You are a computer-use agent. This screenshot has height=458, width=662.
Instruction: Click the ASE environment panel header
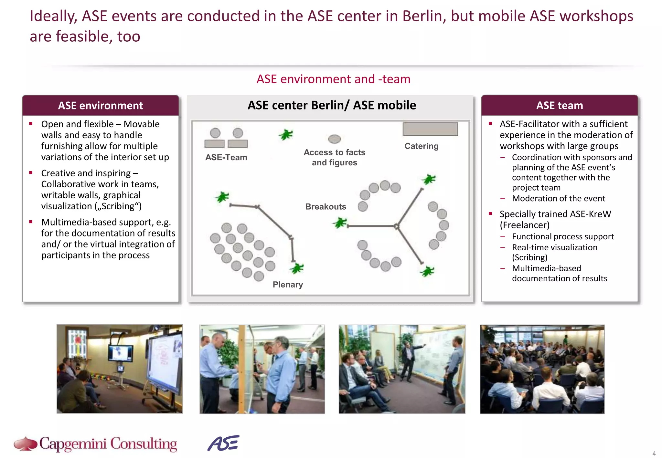[x=100, y=106]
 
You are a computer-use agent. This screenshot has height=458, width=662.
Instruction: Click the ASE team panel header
[x=559, y=106]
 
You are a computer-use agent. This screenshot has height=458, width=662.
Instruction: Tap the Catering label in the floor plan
[x=421, y=146]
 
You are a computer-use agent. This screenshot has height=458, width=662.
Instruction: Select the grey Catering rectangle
[x=430, y=129]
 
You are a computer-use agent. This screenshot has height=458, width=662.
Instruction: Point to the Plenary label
[x=288, y=285]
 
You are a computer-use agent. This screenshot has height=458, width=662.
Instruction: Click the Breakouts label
[x=326, y=207]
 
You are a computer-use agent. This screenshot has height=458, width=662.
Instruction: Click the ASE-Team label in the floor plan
[x=226, y=157]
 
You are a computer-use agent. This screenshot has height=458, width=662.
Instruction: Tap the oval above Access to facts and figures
[x=334, y=139]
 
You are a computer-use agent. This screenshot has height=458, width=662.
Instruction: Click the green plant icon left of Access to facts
[x=286, y=134]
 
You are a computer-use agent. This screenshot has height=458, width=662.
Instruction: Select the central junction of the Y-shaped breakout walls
[x=396, y=226]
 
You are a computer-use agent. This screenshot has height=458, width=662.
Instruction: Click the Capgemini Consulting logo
[x=96, y=443]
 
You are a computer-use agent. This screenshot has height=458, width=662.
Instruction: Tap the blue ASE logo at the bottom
[x=223, y=443]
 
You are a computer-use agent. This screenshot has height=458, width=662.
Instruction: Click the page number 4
[x=654, y=453]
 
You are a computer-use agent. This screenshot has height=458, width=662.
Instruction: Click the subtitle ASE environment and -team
[x=333, y=79]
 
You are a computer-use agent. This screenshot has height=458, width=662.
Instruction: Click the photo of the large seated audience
[x=542, y=369]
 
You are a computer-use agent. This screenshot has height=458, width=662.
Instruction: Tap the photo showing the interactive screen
[x=120, y=369]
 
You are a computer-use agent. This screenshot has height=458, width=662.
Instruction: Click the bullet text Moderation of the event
[x=558, y=198]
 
